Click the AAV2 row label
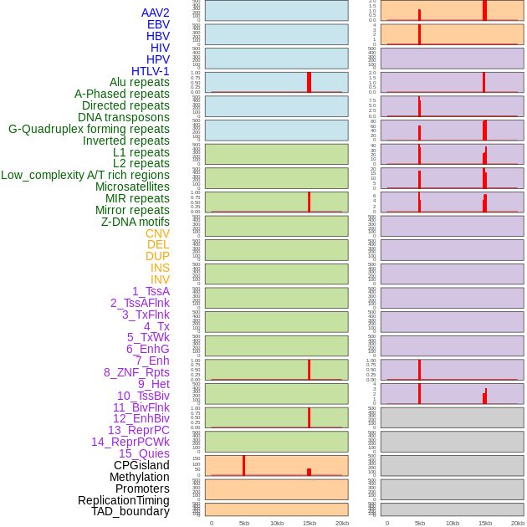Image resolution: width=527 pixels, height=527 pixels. coord(156,13)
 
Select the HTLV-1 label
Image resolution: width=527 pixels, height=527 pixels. coord(151,71)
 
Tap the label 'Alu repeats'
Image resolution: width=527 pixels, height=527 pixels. coord(140,82)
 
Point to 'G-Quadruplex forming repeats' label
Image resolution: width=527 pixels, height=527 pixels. coord(89,129)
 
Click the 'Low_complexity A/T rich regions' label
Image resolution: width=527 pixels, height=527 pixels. coord(85,175)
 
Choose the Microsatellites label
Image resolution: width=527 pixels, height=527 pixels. coord(132,187)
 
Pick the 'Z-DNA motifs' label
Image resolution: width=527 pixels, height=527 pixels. coord(136,222)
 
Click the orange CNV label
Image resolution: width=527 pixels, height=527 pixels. coord(157,233)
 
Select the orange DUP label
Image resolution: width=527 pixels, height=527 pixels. coord(157,256)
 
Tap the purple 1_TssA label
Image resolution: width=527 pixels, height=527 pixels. coord(151,291)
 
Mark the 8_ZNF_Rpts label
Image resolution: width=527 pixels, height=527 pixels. coord(136,372)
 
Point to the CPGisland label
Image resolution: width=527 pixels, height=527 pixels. coord(141,465)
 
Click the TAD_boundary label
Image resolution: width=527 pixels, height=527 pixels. coord(130,511)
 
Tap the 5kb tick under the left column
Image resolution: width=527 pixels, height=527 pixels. coord(244,523)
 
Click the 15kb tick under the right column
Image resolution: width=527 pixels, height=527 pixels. coord(485,523)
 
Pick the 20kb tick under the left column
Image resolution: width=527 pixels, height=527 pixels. coord(342,523)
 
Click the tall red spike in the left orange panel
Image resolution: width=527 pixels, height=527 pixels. coord(243,465)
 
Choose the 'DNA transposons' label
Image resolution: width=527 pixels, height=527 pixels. coord(124,117)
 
